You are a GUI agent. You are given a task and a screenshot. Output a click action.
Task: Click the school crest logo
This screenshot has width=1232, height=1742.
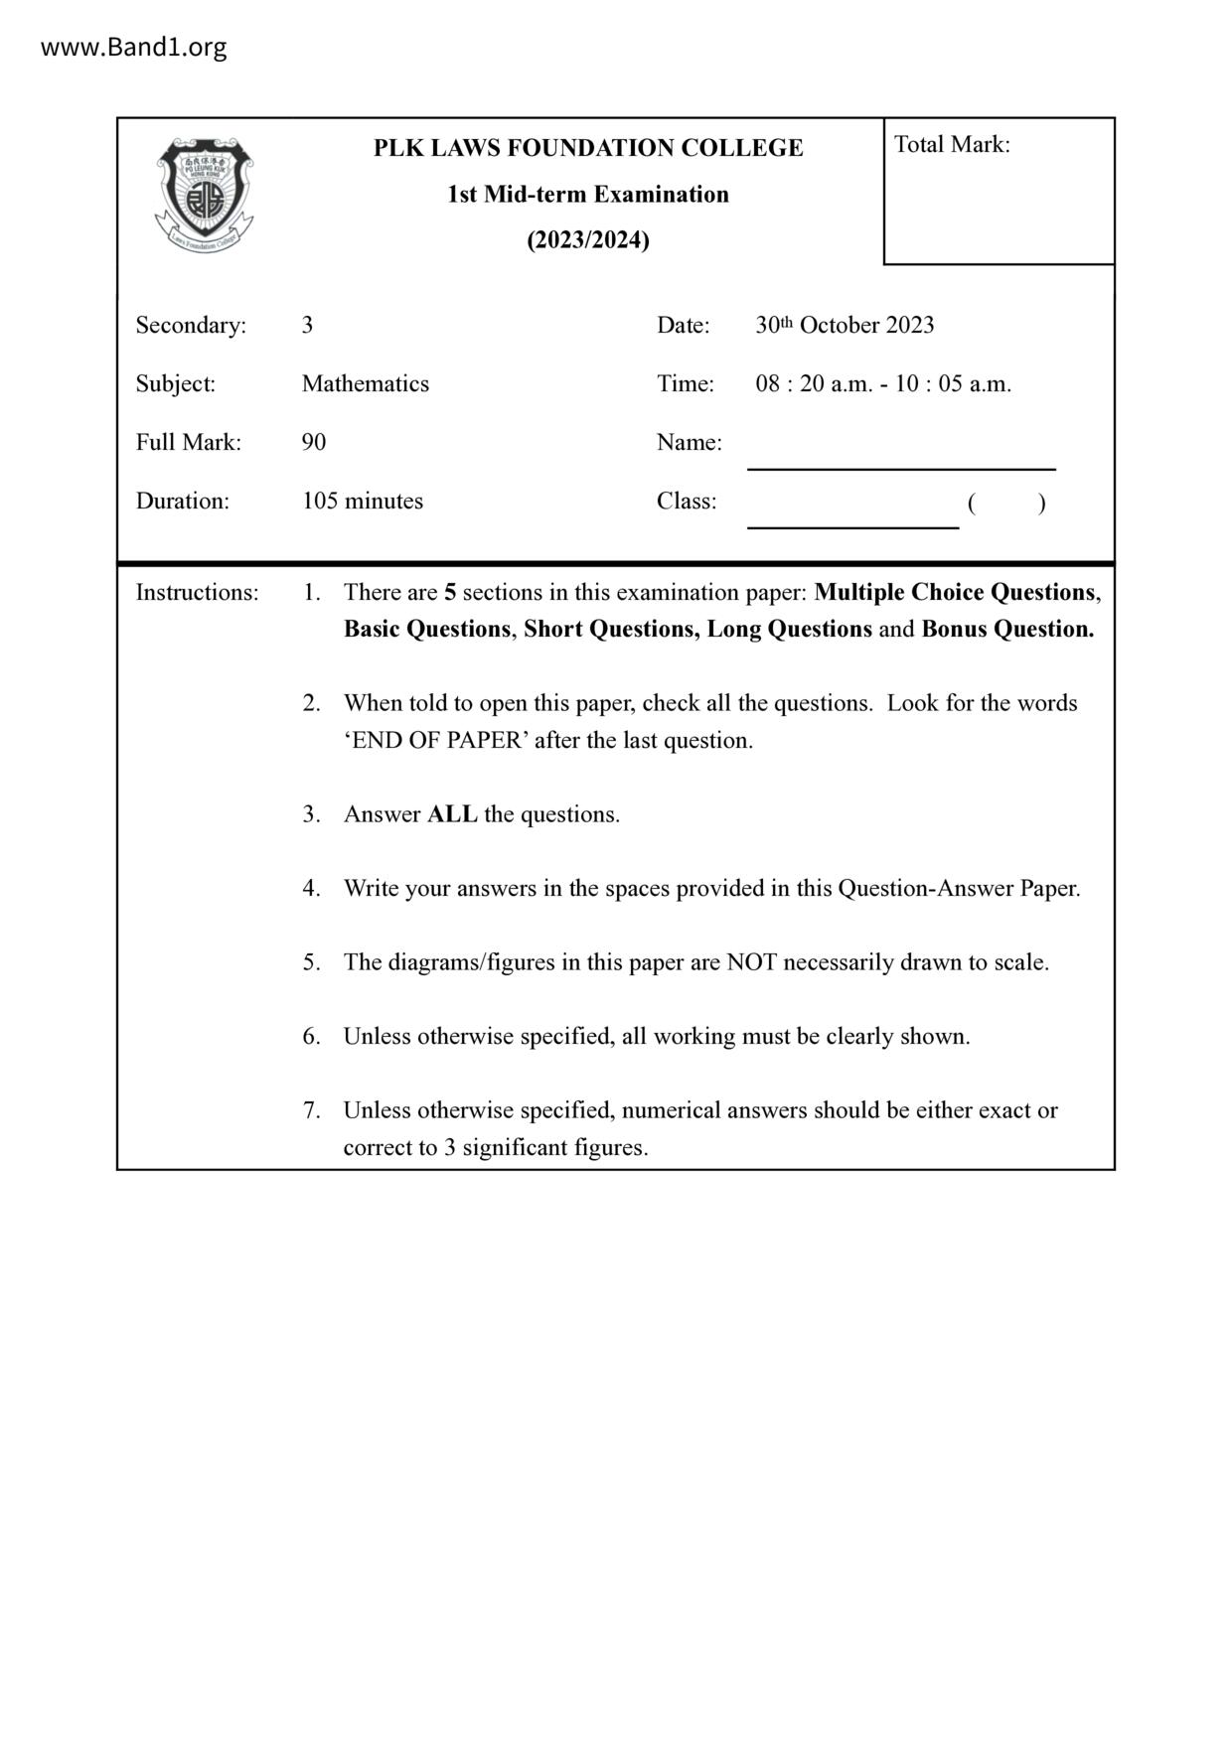pos(205,195)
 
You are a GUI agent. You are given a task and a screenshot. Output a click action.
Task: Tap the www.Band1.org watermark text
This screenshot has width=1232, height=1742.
pos(133,47)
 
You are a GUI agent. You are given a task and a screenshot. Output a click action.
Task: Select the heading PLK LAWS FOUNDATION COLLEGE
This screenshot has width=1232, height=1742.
pos(588,148)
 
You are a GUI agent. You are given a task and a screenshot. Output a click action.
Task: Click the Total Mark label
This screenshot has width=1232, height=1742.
pos(952,145)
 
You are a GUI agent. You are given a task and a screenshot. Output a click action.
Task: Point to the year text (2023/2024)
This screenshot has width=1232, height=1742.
pos(588,240)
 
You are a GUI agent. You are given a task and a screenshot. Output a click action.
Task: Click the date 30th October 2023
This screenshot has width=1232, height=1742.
pos(845,325)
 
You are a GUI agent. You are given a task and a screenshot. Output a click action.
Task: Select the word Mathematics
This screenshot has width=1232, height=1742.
pos(366,384)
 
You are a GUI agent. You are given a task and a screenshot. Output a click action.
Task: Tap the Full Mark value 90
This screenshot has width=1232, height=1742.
pos(314,443)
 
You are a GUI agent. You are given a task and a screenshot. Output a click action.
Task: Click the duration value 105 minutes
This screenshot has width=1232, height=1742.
pos(363,502)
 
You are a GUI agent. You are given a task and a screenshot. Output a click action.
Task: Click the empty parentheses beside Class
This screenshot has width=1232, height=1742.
pos(1006,504)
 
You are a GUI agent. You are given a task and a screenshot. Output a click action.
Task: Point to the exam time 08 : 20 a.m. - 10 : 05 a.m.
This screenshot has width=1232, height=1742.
pos(883,384)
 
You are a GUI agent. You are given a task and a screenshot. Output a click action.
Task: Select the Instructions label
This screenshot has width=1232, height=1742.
pos(197,593)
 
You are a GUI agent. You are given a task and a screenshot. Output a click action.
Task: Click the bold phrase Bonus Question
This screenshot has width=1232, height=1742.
pos(1007,630)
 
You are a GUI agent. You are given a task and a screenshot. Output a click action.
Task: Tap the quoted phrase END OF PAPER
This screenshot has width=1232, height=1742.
pos(437,741)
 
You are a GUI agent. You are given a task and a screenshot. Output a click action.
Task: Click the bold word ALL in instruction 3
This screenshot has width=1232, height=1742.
pos(452,815)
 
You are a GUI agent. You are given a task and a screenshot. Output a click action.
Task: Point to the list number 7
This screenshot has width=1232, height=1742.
pos(311,1110)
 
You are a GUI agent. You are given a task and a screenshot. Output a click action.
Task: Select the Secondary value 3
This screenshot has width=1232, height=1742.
pos(308,326)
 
